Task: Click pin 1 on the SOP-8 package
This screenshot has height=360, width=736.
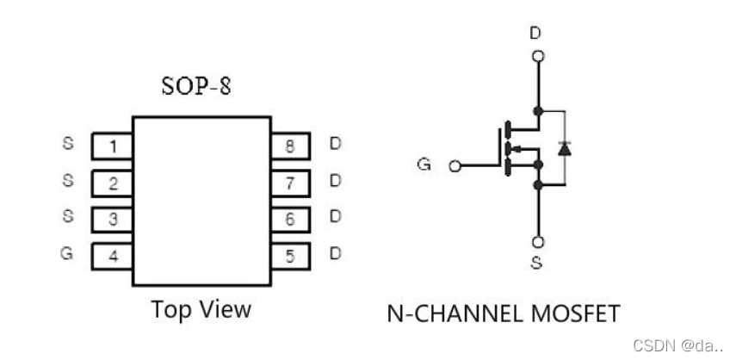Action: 112,146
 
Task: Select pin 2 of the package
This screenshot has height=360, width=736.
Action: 112,183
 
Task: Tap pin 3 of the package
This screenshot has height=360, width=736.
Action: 112,220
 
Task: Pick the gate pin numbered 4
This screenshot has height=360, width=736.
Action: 112,257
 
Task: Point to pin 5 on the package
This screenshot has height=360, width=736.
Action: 291,257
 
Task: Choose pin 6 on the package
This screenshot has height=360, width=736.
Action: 291,220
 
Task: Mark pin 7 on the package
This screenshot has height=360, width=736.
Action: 291,183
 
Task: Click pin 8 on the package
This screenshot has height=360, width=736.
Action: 291,146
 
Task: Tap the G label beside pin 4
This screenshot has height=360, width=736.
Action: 66,253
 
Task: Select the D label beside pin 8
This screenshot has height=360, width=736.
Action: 335,144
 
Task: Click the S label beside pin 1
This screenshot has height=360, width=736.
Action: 68,143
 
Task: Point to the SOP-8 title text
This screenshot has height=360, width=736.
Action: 196,86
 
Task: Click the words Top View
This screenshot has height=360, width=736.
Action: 201,310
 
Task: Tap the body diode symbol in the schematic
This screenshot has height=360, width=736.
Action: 564,148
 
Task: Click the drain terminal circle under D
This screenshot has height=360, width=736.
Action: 538,56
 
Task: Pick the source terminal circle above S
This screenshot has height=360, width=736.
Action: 538,242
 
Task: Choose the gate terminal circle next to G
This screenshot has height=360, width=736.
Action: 455,165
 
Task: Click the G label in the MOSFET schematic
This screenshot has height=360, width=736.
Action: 424,164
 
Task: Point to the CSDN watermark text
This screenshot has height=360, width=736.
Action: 677,345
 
